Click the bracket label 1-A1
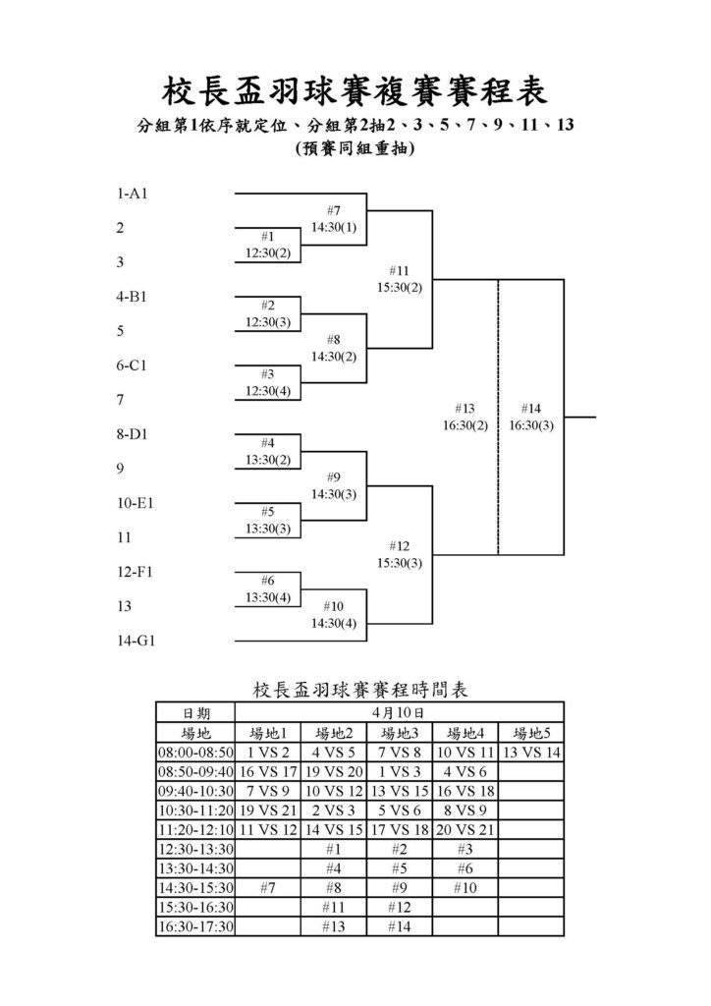132,194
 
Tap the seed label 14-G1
136,641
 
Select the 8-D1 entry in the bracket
132,433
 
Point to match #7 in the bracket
333,210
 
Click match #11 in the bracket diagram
399,271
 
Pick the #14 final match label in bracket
531,408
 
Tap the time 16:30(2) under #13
465,425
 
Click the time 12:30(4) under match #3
268,391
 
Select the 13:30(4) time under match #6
268,597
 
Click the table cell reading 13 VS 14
531,753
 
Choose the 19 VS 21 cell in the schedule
268,810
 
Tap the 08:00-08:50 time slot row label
195,753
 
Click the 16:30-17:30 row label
195,926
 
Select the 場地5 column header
531,733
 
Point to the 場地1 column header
268,733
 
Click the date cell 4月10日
399,713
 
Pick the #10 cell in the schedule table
465,888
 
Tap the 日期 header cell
195,713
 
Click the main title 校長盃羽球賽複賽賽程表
355,90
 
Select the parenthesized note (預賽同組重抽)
355,149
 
